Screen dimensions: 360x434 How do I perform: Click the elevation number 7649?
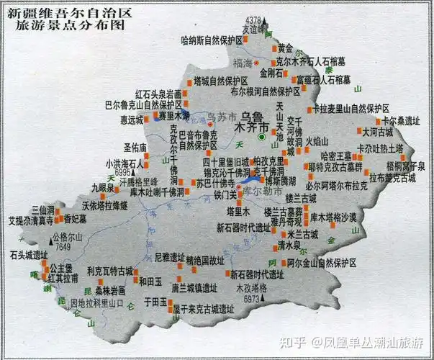tap(63, 247)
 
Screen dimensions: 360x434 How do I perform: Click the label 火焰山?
tap(317, 140)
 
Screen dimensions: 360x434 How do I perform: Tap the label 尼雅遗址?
tap(170, 257)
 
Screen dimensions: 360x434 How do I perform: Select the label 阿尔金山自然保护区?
tap(322, 262)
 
